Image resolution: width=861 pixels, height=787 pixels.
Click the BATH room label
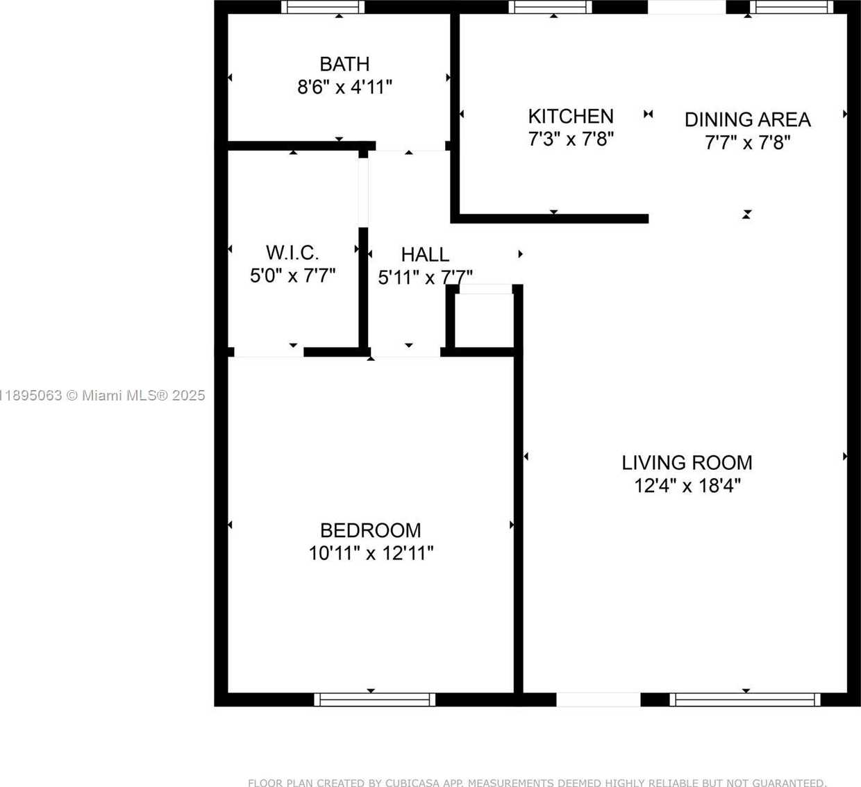tap(344, 64)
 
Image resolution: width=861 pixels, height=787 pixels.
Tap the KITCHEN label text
tap(571, 116)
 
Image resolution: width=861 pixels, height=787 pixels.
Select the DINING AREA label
tap(747, 119)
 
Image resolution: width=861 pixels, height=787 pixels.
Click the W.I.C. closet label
tap(292, 252)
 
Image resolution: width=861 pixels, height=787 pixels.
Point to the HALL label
tap(425, 255)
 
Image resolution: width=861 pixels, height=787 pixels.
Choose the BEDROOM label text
tap(370, 530)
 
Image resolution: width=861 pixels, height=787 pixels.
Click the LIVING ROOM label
tap(687, 463)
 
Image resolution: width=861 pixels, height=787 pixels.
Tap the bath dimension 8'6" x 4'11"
tap(344, 87)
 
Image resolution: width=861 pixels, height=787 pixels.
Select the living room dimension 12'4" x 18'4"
tap(687, 486)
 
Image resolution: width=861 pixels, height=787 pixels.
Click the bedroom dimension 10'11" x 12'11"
tap(371, 554)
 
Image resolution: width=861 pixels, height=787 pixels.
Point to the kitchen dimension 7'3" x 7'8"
tap(571, 139)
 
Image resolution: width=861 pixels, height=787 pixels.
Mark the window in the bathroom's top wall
tap(323, 7)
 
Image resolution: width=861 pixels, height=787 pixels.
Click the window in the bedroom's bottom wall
tap(375, 700)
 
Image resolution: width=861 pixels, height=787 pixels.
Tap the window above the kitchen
tap(550, 7)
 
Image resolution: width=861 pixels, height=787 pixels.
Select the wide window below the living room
tap(744, 700)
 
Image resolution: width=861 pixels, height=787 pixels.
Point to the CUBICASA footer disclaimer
tap(537, 782)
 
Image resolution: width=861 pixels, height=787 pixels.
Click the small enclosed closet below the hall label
tap(482, 321)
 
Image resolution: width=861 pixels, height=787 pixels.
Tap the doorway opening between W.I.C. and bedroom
tap(268, 352)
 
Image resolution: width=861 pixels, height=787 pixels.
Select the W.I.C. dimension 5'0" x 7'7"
tap(292, 276)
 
